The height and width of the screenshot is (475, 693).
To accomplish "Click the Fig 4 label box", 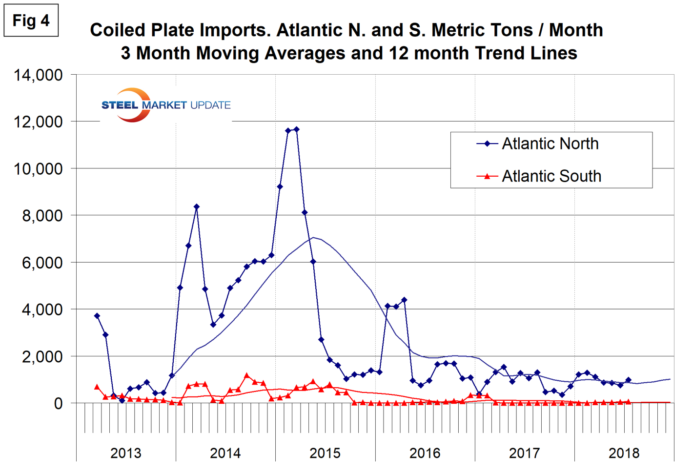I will click(x=31, y=21).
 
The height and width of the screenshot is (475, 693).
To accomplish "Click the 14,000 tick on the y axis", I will click(x=39, y=75).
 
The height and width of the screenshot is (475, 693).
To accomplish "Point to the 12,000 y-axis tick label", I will click(x=39, y=122).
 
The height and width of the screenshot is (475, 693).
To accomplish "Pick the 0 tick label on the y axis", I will click(x=59, y=404).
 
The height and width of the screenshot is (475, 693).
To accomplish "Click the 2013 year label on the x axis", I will click(x=126, y=453).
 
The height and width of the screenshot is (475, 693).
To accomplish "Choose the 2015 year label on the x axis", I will click(x=325, y=453).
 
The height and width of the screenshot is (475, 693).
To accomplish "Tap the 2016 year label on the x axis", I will click(x=425, y=453).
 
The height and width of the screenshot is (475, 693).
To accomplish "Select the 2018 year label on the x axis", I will click(x=624, y=453).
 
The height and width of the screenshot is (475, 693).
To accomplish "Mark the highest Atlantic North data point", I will click(x=296, y=129).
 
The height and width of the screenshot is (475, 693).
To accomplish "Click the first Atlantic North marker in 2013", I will click(x=97, y=316).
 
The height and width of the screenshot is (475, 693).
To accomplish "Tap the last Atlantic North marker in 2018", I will click(x=628, y=380).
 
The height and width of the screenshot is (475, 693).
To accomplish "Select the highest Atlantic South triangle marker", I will click(x=246, y=375).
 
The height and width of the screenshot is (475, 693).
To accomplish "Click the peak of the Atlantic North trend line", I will click(x=313, y=238).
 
